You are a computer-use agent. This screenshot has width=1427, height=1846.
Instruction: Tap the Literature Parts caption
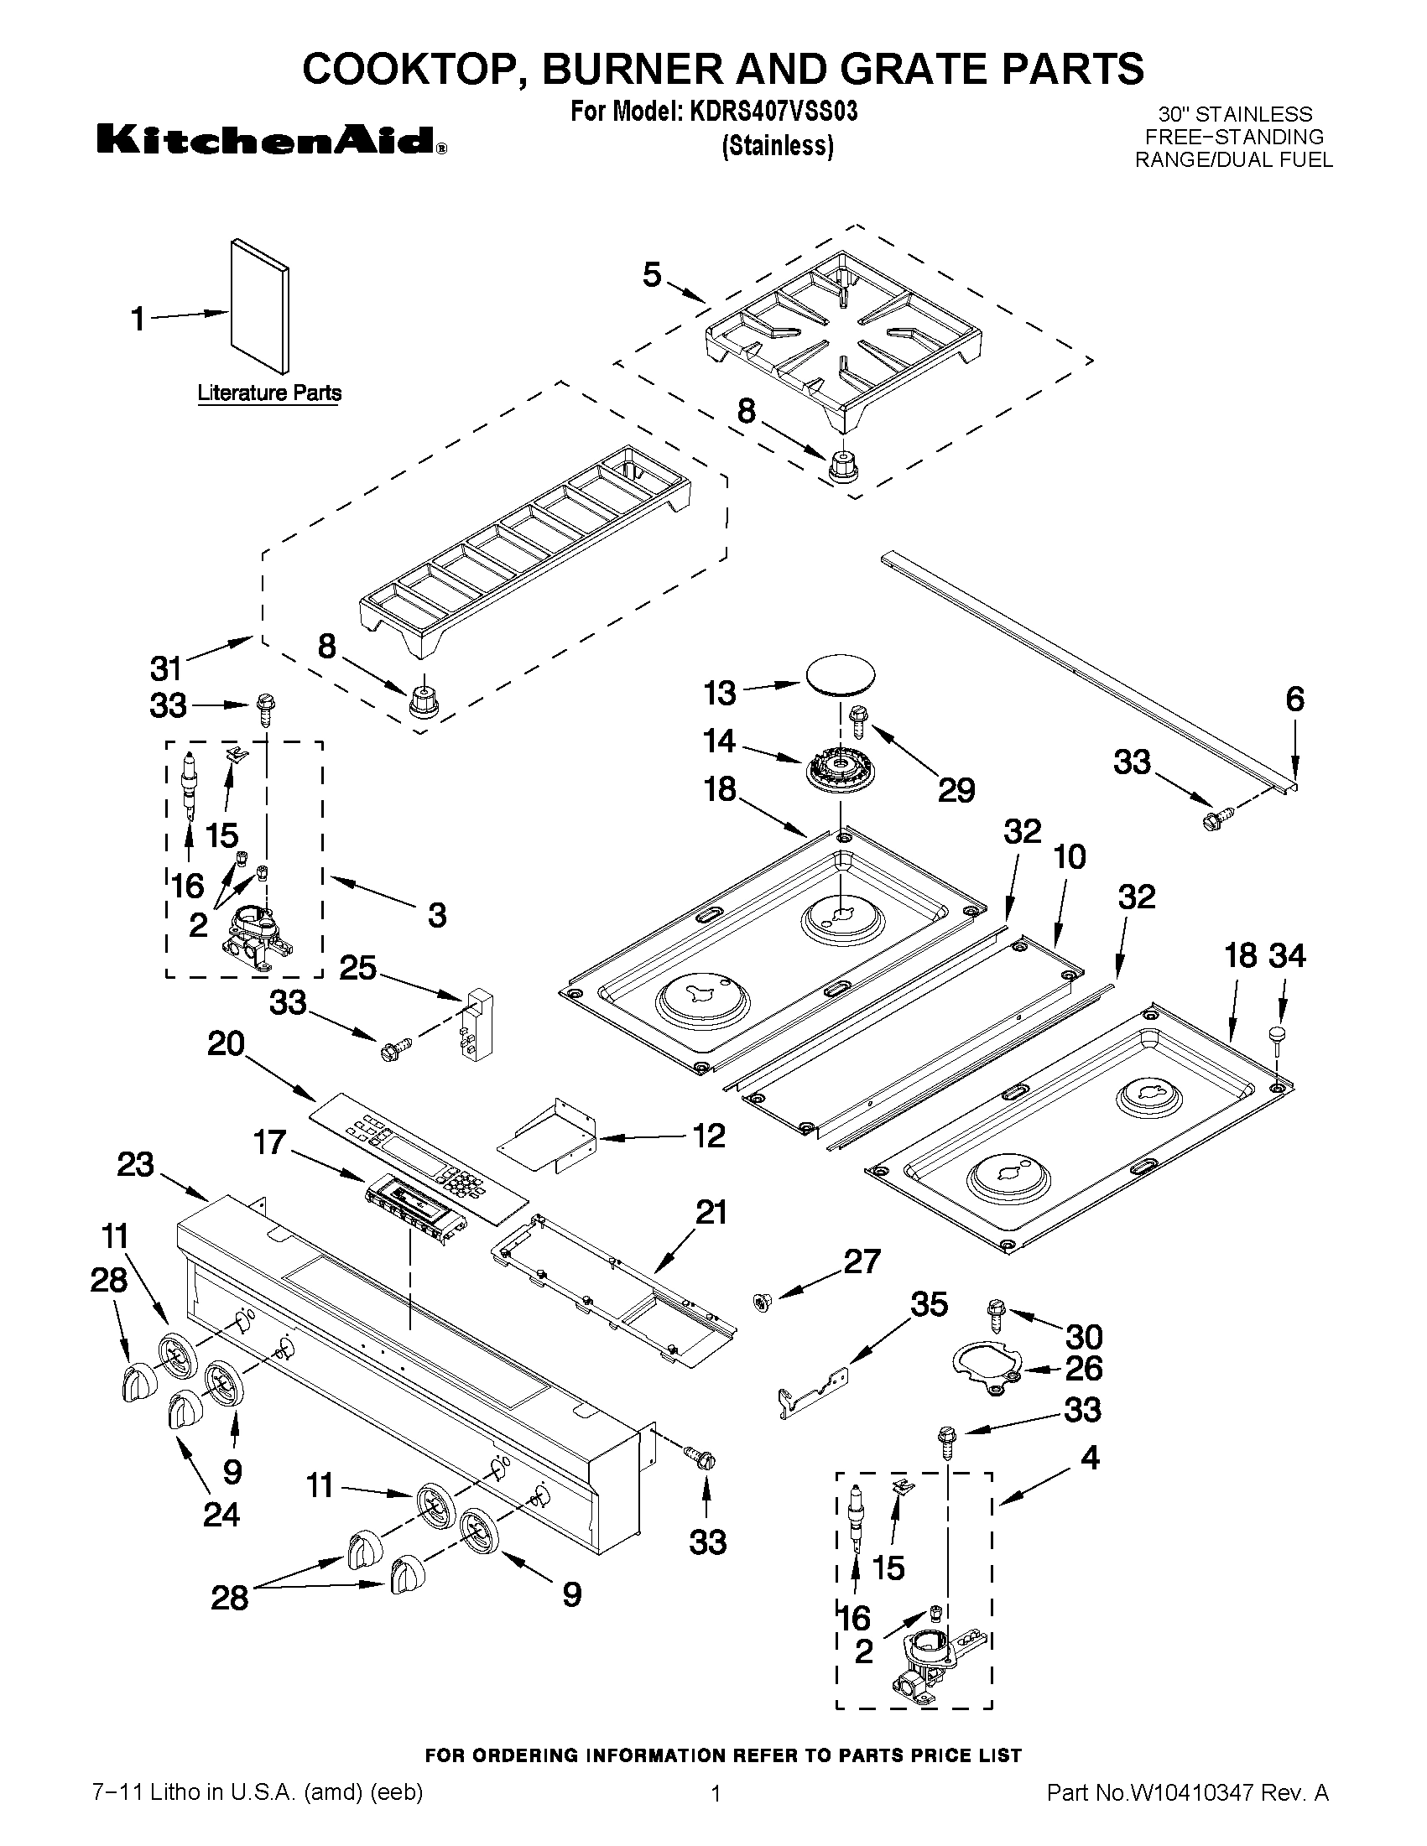click(268, 393)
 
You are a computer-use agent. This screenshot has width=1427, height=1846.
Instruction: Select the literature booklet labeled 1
click(259, 306)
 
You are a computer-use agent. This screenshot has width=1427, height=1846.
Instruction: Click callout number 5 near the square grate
click(652, 275)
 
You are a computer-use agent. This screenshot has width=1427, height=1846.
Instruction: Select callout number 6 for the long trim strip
click(1294, 699)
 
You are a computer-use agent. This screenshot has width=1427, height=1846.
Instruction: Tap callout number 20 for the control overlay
click(226, 1045)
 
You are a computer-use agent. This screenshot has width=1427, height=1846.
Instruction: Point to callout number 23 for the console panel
click(135, 1165)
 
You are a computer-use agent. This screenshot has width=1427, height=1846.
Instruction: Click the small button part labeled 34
click(1278, 1034)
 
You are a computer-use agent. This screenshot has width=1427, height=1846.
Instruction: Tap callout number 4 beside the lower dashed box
click(1090, 1457)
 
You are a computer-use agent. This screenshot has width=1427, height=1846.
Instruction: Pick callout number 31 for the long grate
click(167, 668)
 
